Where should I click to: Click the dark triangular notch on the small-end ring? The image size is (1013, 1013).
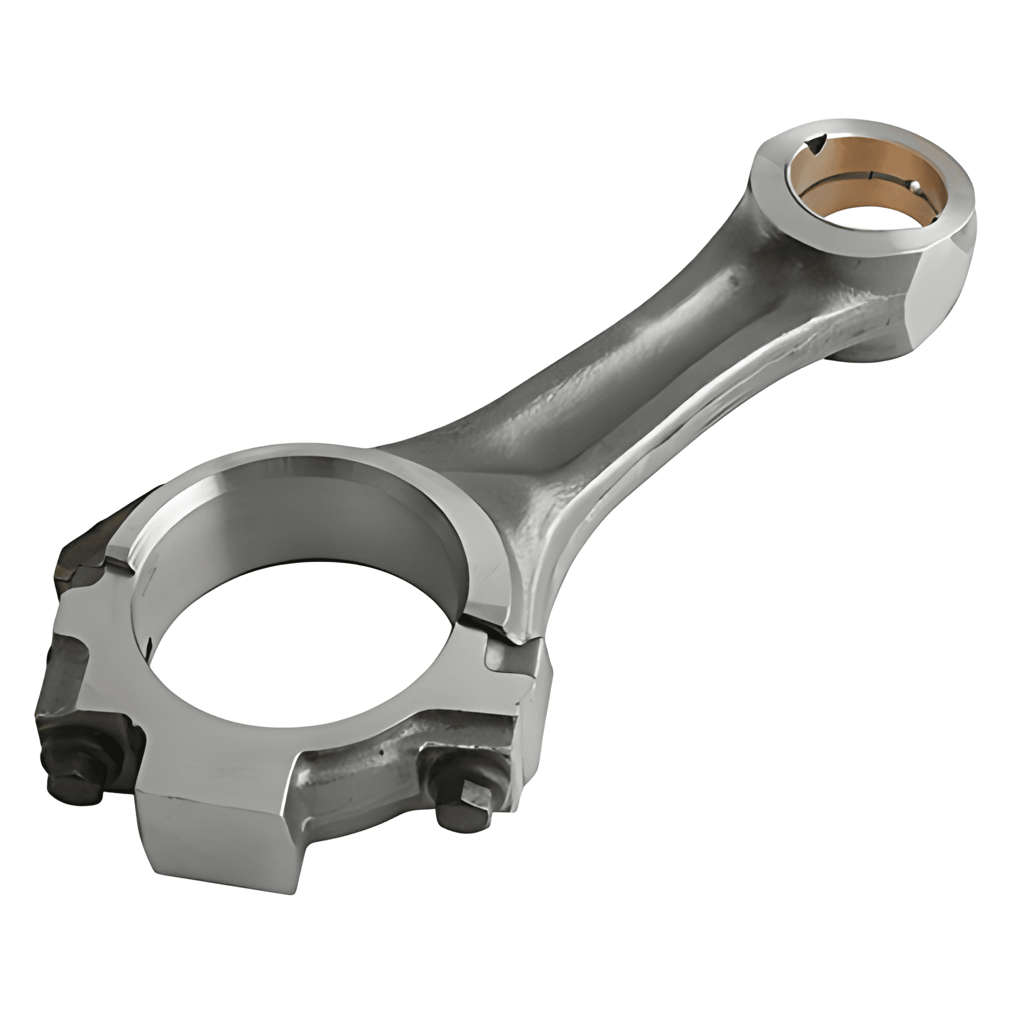(816, 142)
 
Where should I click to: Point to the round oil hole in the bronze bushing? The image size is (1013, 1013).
(915, 186)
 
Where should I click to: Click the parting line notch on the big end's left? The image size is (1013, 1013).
(121, 555)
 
